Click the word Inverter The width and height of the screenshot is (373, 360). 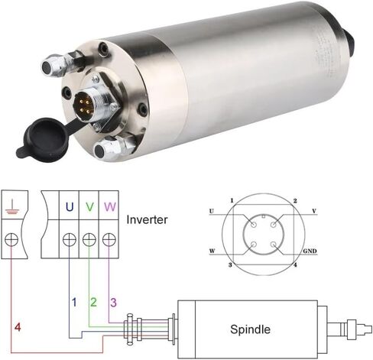tap(147, 219)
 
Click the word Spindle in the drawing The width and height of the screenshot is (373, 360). tap(250, 329)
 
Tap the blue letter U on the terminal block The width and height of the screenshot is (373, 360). tap(70, 207)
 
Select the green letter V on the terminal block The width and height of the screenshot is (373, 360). tap(89, 207)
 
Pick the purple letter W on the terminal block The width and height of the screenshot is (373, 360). tap(110, 207)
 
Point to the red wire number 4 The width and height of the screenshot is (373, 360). tap(18, 327)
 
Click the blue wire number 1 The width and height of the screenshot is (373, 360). tap(74, 302)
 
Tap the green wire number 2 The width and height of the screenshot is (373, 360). tap(93, 302)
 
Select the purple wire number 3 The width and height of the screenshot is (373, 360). tap(113, 303)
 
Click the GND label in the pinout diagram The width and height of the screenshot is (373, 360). tap(310, 251)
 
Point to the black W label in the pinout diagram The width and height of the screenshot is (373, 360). tap(212, 251)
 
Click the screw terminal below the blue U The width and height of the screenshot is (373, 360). tap(70, 239)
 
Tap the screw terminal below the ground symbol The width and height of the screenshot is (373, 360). tap(11, 239)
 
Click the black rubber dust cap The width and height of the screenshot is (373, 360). tap(44, 138)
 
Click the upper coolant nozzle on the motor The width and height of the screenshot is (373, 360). tap(61, 63)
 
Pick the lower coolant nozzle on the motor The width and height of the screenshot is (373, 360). tap(113, 148)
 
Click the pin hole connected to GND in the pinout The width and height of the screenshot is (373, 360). tap(274, 245)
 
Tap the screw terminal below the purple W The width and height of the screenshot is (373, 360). tap(109, 239)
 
